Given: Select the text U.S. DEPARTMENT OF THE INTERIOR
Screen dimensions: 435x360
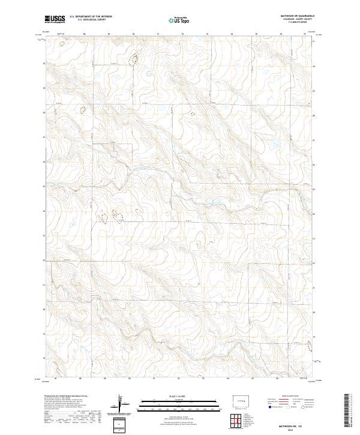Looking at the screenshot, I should pos(91,16).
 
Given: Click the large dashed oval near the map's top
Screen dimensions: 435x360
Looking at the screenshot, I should pos(134,59).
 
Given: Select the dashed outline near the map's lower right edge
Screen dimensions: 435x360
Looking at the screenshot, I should pos(310,346).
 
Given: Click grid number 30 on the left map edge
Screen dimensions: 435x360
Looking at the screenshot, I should pos(43,62).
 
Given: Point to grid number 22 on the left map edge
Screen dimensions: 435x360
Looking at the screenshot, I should pos(43,260).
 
